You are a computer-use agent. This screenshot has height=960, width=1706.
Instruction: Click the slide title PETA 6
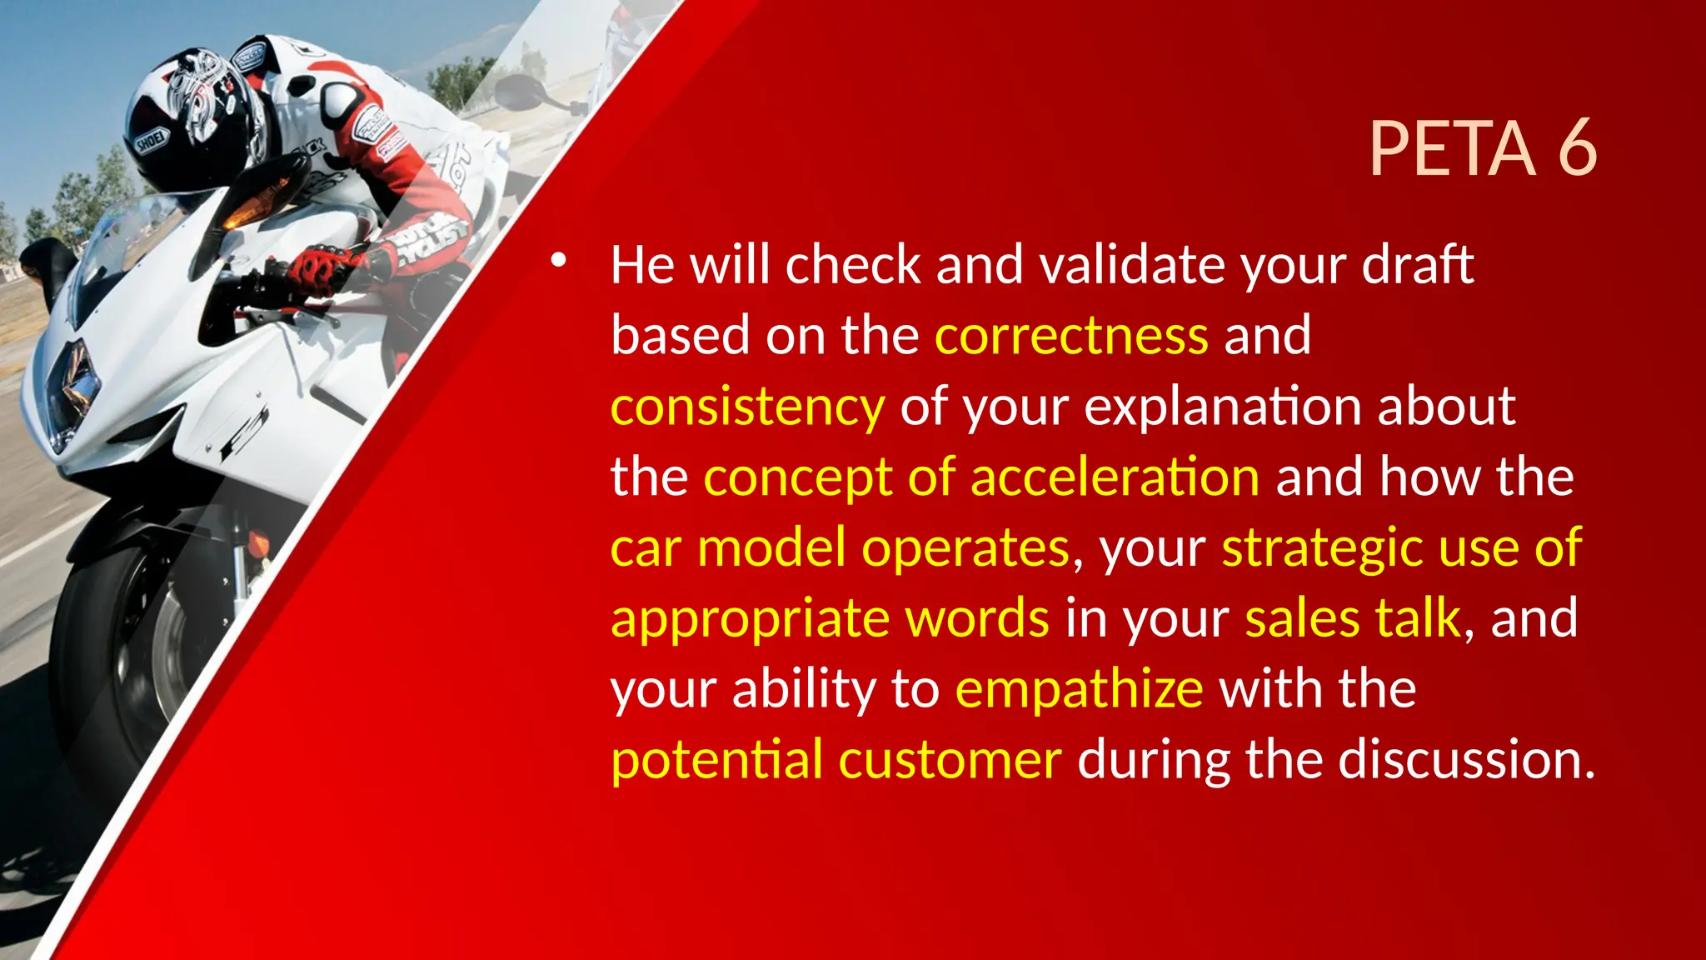(x=1483, y=148)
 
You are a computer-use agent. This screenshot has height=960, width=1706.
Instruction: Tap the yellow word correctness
(x=1071, y=335)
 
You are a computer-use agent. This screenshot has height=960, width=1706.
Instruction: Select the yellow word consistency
(x=747, y=407)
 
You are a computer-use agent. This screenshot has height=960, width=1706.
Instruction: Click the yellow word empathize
(x=1079, y=690)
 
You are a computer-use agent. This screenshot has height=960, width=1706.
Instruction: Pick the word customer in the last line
(x=950, y=760)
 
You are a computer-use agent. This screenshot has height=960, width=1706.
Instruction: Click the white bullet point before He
(x=558, y=261)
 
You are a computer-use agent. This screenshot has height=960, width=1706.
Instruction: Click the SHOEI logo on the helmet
(x=152, y=142)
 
